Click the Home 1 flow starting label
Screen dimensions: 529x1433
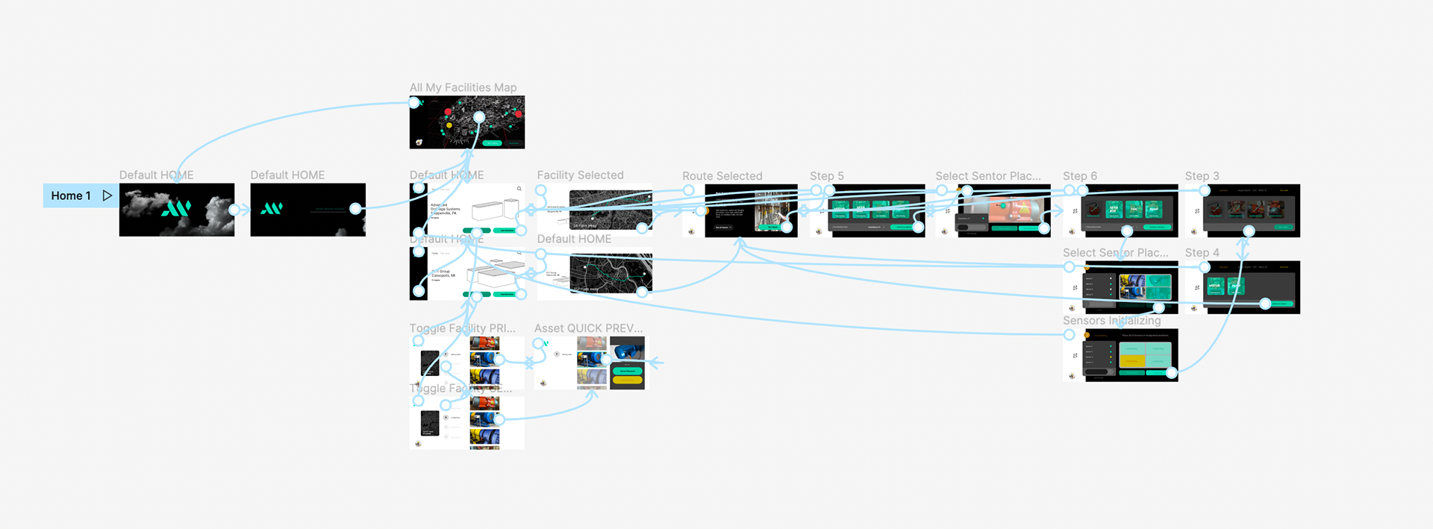[71, 195]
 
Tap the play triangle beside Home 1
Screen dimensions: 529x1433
[107, 195]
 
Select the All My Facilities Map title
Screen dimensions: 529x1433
[463, 87]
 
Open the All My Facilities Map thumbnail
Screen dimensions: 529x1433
[466, 122]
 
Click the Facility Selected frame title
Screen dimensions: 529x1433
[580, 175]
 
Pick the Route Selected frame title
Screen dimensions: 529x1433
[722, 176]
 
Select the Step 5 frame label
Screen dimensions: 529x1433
[826, 176]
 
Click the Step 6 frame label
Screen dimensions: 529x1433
[1079, 176]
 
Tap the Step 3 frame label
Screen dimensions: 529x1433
[1202, 176]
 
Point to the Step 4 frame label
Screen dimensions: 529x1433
[1202, 253]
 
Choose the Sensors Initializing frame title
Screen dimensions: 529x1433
[1111, 321]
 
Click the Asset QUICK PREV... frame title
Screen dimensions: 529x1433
[588, 328]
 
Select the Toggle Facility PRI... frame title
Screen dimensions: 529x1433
[462, 328]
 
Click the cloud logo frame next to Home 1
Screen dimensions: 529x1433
[177, 210]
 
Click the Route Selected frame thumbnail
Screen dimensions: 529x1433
[750, 210]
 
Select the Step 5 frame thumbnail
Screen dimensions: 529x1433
[876, 210]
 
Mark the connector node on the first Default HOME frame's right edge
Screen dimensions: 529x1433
[234, 210]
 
